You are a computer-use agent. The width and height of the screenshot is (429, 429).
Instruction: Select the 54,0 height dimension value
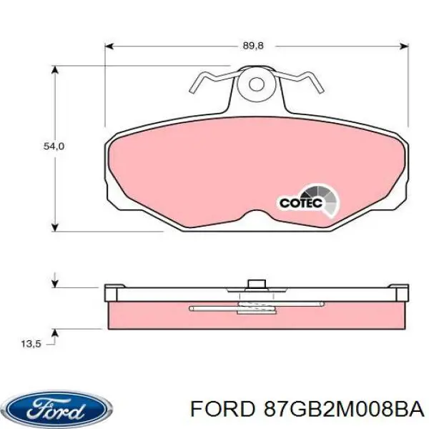click(54, 146)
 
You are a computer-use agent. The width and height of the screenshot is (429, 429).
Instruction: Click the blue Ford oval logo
click(57, 409)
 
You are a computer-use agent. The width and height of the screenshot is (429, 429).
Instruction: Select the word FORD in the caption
click(217, 409)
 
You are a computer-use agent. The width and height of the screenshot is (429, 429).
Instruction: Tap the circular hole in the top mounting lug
click(255, 84)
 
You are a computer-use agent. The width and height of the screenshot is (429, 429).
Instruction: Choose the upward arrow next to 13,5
click(56, 333)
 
